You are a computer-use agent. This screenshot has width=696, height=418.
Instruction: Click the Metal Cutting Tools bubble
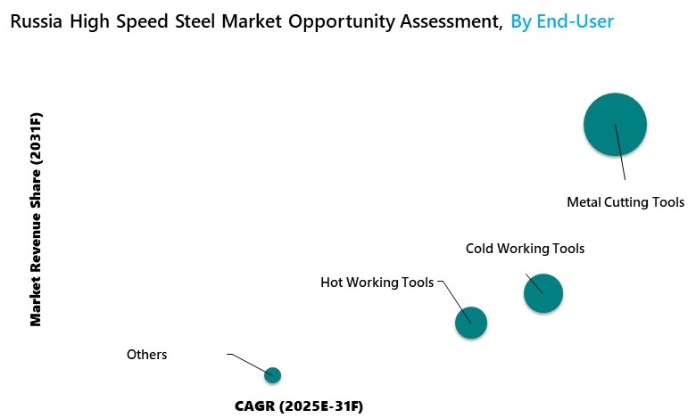click(x=615, y=125)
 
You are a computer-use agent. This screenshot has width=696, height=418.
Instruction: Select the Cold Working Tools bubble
click(x=543, y=293)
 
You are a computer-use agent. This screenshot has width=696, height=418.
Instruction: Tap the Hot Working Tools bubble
click(x=471, y=323)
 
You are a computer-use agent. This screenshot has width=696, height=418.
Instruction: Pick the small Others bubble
click(x=273, y=375)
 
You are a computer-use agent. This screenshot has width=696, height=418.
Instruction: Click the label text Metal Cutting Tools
click(x=625, y=202)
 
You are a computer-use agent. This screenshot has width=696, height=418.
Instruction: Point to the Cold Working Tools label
click(x=525, y=249)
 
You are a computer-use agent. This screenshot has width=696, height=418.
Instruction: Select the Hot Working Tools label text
click(x=377, y=283)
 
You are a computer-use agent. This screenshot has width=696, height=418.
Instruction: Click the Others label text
click(x=147, y=355)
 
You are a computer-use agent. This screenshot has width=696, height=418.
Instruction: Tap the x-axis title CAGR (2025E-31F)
click(x=299, y=406)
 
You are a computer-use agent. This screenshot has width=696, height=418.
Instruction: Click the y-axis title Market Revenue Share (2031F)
click(x=37, y=218)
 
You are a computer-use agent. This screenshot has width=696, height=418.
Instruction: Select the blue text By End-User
click(x=562, y=21)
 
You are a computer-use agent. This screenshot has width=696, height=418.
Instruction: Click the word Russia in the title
click(x=36, y=21)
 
